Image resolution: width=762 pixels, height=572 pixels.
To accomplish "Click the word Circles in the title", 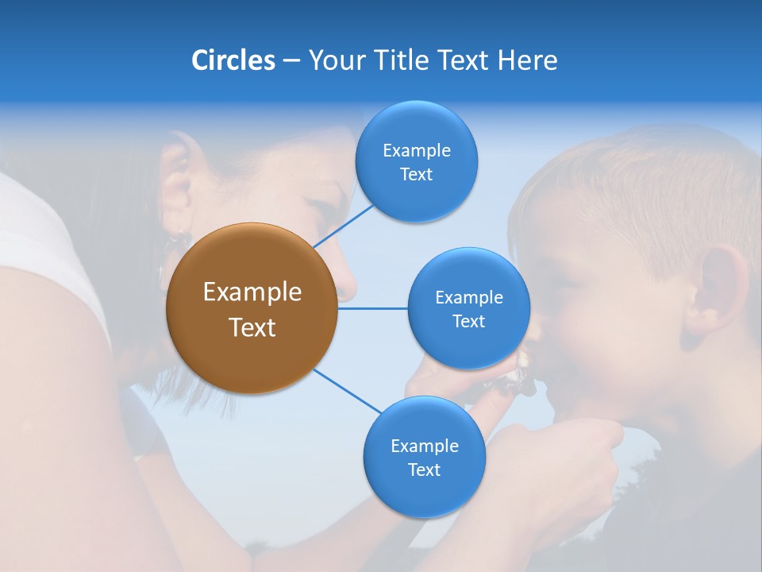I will click(x=233, y=60).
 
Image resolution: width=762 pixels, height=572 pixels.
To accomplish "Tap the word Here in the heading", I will click(x=527, y=60).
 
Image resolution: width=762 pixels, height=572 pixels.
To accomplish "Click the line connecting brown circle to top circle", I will click(x=343, y=225).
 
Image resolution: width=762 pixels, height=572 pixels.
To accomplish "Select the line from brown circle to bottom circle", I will click(x=348, y=392).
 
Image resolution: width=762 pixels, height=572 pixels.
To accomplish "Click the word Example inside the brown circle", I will click(x=252, y=292).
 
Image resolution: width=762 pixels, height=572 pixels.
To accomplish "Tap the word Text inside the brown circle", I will click(x=252, y=327).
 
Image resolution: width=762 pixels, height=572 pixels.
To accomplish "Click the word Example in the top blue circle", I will click(x=416, y=151).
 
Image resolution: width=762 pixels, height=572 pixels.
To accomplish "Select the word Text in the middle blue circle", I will click(x=468, y=322).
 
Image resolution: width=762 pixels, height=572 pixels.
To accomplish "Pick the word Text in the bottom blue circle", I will click(x=424, y=470).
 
